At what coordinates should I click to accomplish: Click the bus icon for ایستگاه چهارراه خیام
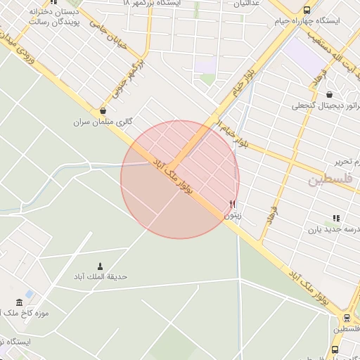pos(307,10)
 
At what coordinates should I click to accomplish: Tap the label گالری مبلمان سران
pos(103,122)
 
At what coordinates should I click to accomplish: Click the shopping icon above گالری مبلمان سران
pos(103,110)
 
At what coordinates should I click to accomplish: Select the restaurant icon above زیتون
pos(232,205)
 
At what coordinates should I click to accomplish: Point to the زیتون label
pos(232,216)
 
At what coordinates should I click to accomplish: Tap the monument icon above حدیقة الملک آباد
pos(100,266)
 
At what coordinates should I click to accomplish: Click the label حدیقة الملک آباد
pos(101,277)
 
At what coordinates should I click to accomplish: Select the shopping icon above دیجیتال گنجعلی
pos(330,94)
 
